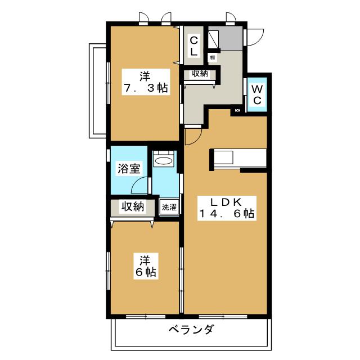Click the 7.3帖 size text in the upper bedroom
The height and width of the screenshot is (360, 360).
pos(146,88)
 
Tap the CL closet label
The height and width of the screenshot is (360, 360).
pos(193,46)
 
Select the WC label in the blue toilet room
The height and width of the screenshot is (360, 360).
pos(256,94)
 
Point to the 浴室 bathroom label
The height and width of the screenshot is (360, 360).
pos(129,169)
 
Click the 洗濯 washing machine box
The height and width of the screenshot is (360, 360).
pos(169,207)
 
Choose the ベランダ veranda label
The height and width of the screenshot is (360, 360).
pos(191,330)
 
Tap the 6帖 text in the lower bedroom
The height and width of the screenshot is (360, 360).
pos(146,272)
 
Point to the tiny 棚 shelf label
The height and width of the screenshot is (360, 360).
pos(212,57)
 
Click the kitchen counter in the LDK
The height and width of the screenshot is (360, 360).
pos(238,157)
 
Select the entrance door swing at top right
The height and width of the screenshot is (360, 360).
pos(255,35)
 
